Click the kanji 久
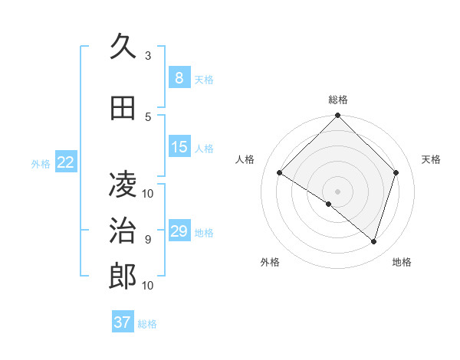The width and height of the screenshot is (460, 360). point(123,48)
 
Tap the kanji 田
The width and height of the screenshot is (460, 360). point(123,109)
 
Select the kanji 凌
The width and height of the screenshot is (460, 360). point(123,185)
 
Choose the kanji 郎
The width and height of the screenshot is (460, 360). point(123,277)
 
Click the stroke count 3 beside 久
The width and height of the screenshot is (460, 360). point(148,56)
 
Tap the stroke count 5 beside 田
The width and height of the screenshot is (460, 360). point(148,116)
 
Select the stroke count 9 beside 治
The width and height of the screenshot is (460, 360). point(148,239)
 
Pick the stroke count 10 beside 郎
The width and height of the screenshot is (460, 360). point(148,285)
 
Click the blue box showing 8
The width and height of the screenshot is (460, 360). point(179,77)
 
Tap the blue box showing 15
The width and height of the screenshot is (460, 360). point(179,147)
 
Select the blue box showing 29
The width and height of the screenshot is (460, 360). point(179,231)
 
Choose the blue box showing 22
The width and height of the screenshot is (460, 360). point(66,162)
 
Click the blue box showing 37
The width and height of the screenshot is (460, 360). point(122,322)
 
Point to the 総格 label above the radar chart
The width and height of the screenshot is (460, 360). point(337,100)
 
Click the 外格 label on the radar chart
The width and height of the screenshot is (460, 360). point(270,263)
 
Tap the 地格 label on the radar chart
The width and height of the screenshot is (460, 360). point(402,263)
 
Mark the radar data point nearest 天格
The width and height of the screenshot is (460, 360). point(396,172)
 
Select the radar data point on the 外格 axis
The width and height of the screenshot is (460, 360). point(329,204)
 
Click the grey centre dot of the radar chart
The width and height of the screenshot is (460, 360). point(337,191)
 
